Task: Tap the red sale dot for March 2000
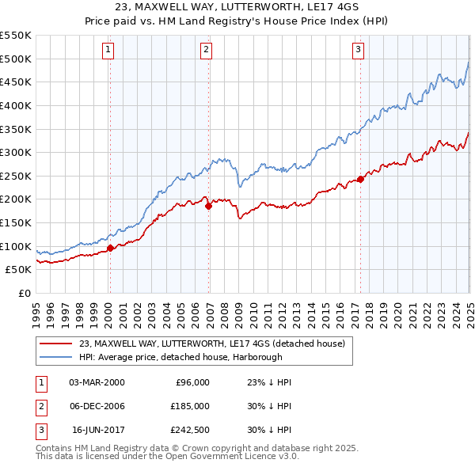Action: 110,248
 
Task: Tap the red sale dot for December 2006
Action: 208,206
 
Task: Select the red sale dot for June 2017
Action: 360,179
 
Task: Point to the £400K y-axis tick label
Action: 16,105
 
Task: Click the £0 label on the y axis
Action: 23,293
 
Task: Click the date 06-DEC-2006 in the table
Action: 97,406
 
